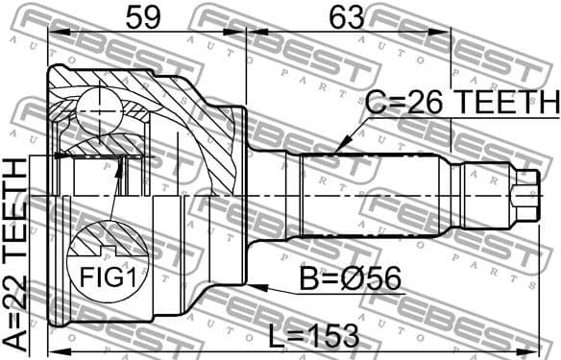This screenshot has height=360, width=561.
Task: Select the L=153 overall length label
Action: (313, 335)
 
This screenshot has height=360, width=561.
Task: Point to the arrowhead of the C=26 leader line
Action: (335, 150)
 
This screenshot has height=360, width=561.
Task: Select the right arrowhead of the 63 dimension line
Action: (447, 34)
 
